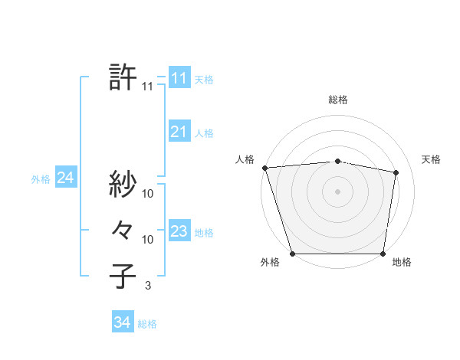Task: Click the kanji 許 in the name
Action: click(x=123, y=77)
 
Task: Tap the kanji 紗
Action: click(x=123, y=184)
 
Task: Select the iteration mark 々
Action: click(x=123, y=230)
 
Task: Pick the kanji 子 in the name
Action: click(x=123, y=277)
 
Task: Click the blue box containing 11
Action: click(x=179, y=78)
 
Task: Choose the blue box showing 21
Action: click(x=179, y=132)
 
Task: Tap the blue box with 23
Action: click(x=179, y=231)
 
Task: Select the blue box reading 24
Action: click(x=65, y=178)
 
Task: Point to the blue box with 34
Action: click(x=123, y=322)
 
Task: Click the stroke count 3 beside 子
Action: click(x=147, y=286)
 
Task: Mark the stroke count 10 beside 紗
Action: click(x=148, y=193)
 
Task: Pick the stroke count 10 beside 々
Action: click(x=148, y=239)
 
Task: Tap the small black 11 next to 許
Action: click(x=147, y=87)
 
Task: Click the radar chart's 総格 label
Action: click(x=338, y=100)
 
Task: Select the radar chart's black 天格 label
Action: click(x=431, y=159)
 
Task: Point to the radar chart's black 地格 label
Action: click(x=402, y=262)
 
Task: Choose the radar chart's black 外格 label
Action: click(x=270, y=262)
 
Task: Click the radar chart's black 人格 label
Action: click(x=245, y=159)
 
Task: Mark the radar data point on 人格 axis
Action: click(x=264, y=167)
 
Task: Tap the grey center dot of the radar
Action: click(x=338, y=191)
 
